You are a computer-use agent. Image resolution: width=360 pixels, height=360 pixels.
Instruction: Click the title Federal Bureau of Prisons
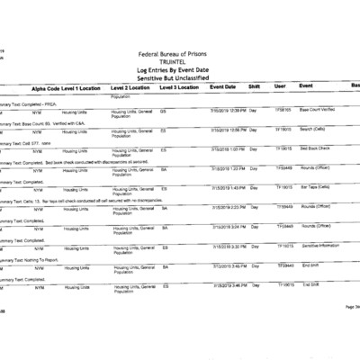click(x=179, y=56)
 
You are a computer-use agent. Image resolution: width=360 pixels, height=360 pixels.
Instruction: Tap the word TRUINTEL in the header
click(x=179, y=64)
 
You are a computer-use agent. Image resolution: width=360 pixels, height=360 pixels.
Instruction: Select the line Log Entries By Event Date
click(x=179, y=72)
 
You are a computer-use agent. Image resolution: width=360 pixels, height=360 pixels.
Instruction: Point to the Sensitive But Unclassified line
click(x=179, y=80)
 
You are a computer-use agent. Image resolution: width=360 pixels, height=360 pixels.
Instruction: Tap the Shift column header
click(x=254, y=88)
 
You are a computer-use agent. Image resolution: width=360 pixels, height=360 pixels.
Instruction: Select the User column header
click(x=280, y=88)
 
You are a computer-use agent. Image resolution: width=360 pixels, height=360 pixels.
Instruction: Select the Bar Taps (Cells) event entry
click(x=314, y=188)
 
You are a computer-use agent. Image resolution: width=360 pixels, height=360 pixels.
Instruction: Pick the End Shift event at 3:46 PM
click(x=310, y=284)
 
